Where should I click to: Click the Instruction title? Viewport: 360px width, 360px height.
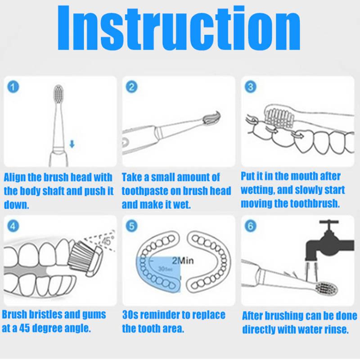[179, 27]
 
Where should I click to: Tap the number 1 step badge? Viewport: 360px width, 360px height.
[13, 87]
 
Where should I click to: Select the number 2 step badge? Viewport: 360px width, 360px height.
[132, 87]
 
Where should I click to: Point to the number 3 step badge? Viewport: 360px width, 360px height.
[251, 87]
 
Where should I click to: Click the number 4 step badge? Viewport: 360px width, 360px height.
[13, 226]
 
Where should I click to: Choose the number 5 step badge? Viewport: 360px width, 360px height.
[132, 226]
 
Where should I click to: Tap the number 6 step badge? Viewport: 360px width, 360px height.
[251, 226]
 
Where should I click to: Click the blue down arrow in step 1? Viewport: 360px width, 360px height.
[72, 144]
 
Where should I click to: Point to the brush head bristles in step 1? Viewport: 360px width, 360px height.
[58, 93]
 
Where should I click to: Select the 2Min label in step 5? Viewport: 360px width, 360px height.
[183, 261]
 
